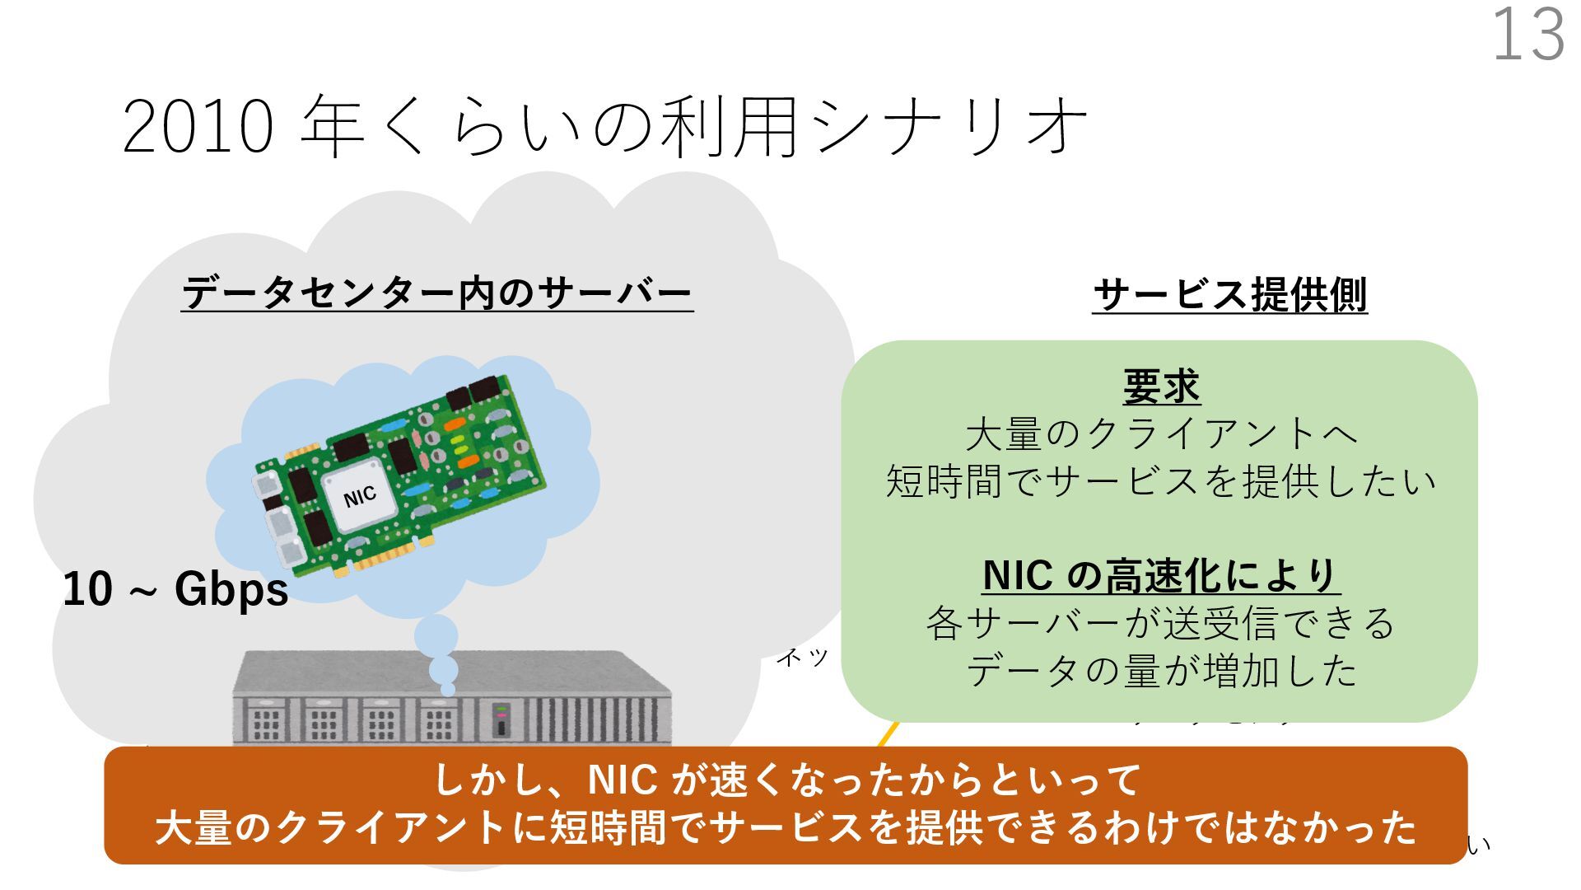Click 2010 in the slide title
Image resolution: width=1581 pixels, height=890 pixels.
198,127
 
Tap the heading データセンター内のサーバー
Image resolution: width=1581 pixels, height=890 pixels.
436,293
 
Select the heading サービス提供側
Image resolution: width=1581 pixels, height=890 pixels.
1230,295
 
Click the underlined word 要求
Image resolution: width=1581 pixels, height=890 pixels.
1161,386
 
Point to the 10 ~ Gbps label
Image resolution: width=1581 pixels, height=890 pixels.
175,590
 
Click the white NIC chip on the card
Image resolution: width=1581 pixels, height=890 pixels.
360,495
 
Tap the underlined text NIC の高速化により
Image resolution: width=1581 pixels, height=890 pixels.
1160,576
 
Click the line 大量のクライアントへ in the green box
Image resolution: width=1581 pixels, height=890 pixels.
1160,434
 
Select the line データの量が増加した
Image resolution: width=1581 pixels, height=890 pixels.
1160,671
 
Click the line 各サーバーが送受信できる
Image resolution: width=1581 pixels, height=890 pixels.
1160,624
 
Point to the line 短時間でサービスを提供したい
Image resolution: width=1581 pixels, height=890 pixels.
1160,481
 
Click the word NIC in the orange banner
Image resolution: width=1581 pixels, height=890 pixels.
623,780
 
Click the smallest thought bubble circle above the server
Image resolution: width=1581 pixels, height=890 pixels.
448,689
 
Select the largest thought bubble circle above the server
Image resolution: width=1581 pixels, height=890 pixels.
436,635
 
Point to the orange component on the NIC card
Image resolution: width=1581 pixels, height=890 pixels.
468,461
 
